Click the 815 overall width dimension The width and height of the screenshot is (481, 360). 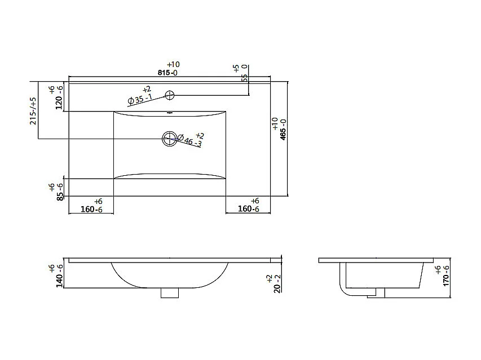click(166, 73)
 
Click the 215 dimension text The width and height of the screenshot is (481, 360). click(33, 111)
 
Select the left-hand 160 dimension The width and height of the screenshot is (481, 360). click(91, 209)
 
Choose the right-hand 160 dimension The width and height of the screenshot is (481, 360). click(248, 209)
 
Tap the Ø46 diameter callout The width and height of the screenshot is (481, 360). click(190, 140)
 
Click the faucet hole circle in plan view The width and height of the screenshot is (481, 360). click(170, 95)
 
